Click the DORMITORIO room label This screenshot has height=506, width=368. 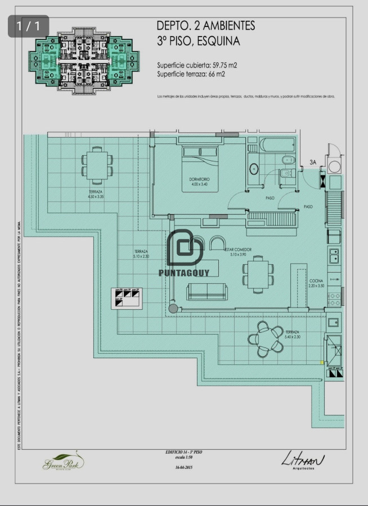click(x=199, y=182)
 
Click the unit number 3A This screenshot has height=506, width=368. click(x=312, y=162)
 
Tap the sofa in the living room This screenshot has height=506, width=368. click(x=207, y=291)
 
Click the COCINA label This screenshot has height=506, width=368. click(x=316, y=283)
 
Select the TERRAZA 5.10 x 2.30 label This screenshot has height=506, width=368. click(x=141, y=254)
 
